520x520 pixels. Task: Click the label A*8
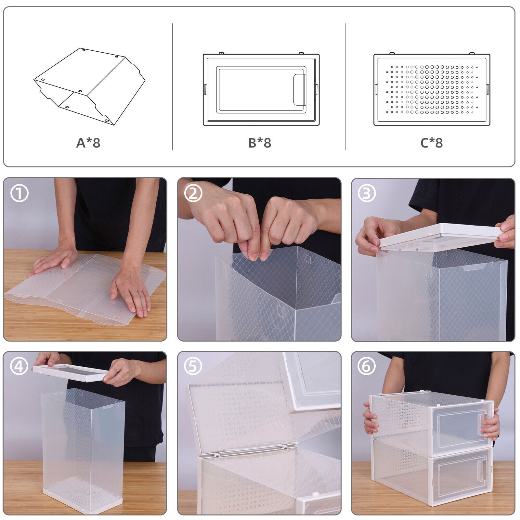coord(88,143)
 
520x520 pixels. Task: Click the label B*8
coord(260,143)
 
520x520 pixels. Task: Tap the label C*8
coord(432,143)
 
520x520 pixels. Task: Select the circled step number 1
coord(19,193)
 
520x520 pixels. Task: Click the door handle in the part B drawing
coord(300,90)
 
